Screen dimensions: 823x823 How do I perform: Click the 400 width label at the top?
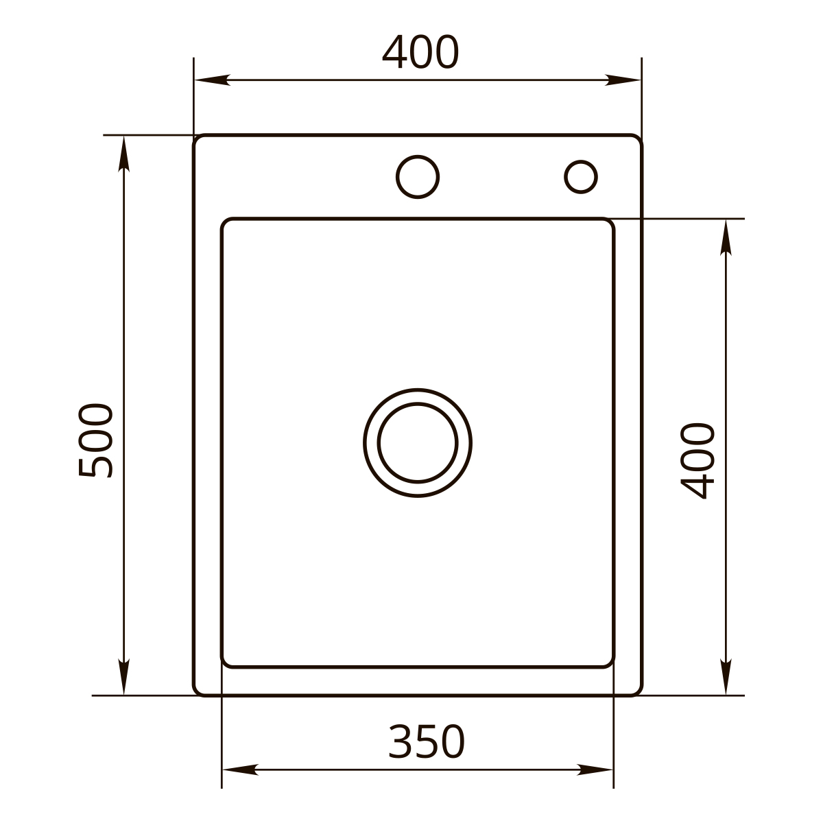point(420,51)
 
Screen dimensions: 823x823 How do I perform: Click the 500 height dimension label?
point(95,440)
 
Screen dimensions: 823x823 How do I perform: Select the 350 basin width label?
point(426,742)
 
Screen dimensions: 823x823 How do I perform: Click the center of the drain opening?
point(417,443)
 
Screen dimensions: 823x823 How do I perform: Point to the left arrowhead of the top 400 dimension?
point(212,80)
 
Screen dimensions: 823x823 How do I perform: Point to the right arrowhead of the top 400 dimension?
point(623,80)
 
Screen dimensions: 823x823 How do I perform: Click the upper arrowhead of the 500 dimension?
point(124,154)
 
